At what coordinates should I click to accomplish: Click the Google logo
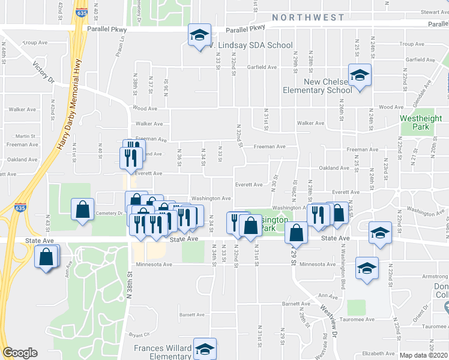[20, 353]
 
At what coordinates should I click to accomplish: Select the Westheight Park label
[414, 122]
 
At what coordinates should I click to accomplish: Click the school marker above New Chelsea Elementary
[360, 76]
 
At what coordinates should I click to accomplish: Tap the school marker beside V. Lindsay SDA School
[199, 36]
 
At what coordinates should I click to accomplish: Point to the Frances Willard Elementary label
[163, 352]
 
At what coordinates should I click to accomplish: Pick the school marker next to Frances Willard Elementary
[205, 349]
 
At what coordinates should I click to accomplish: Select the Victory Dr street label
[43, 72]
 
